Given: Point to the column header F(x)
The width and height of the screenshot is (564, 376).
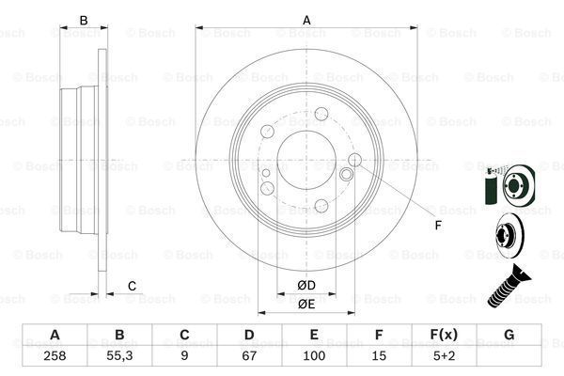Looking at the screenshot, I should pyautogui.click(x=443, y=336).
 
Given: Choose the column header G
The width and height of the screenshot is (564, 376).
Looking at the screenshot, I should pyautogui.click(x=508, y=336).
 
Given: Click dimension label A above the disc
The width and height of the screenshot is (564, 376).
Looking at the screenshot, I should pyautogui.click(x=305, y=19).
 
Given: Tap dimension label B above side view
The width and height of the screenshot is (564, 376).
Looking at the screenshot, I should pyautogui.click(x=83, y=20).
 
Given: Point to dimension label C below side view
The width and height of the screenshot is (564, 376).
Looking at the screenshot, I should pyautogui.click(x=133, y=286).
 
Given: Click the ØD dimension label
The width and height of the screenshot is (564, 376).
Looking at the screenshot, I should pyautogui.click(x=306, y=284).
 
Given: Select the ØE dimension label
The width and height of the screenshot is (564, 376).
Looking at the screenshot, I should pyautogui.click(x=306, y=303).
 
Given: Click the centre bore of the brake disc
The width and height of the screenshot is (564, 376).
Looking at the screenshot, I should pyautogui.click(x=305, y=156).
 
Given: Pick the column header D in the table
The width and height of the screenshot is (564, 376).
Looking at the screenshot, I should pyautogui.click(x=248, y=336).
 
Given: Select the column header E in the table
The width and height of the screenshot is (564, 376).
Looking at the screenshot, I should pyautogui.click(x=313, y=336).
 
